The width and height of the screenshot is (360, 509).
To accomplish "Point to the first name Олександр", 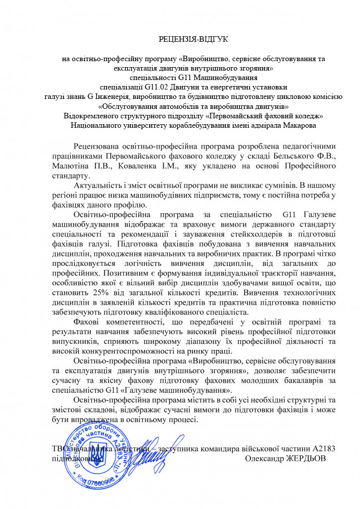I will click(265, 458).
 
